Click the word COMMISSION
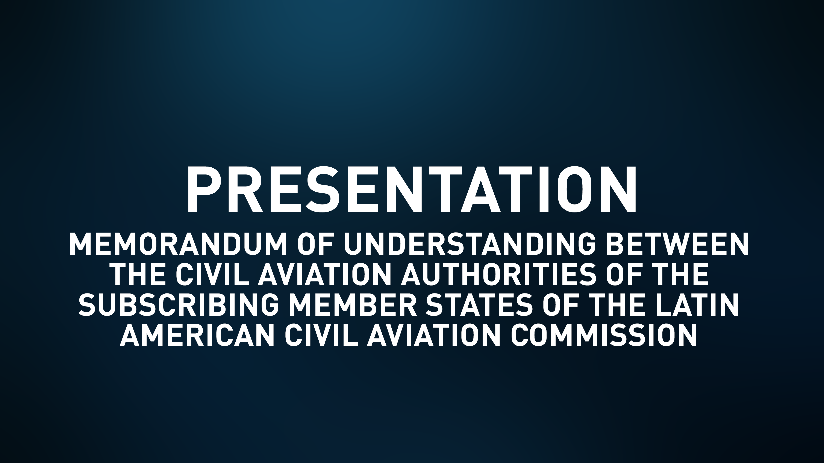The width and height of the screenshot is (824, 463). (x=604, y=335)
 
